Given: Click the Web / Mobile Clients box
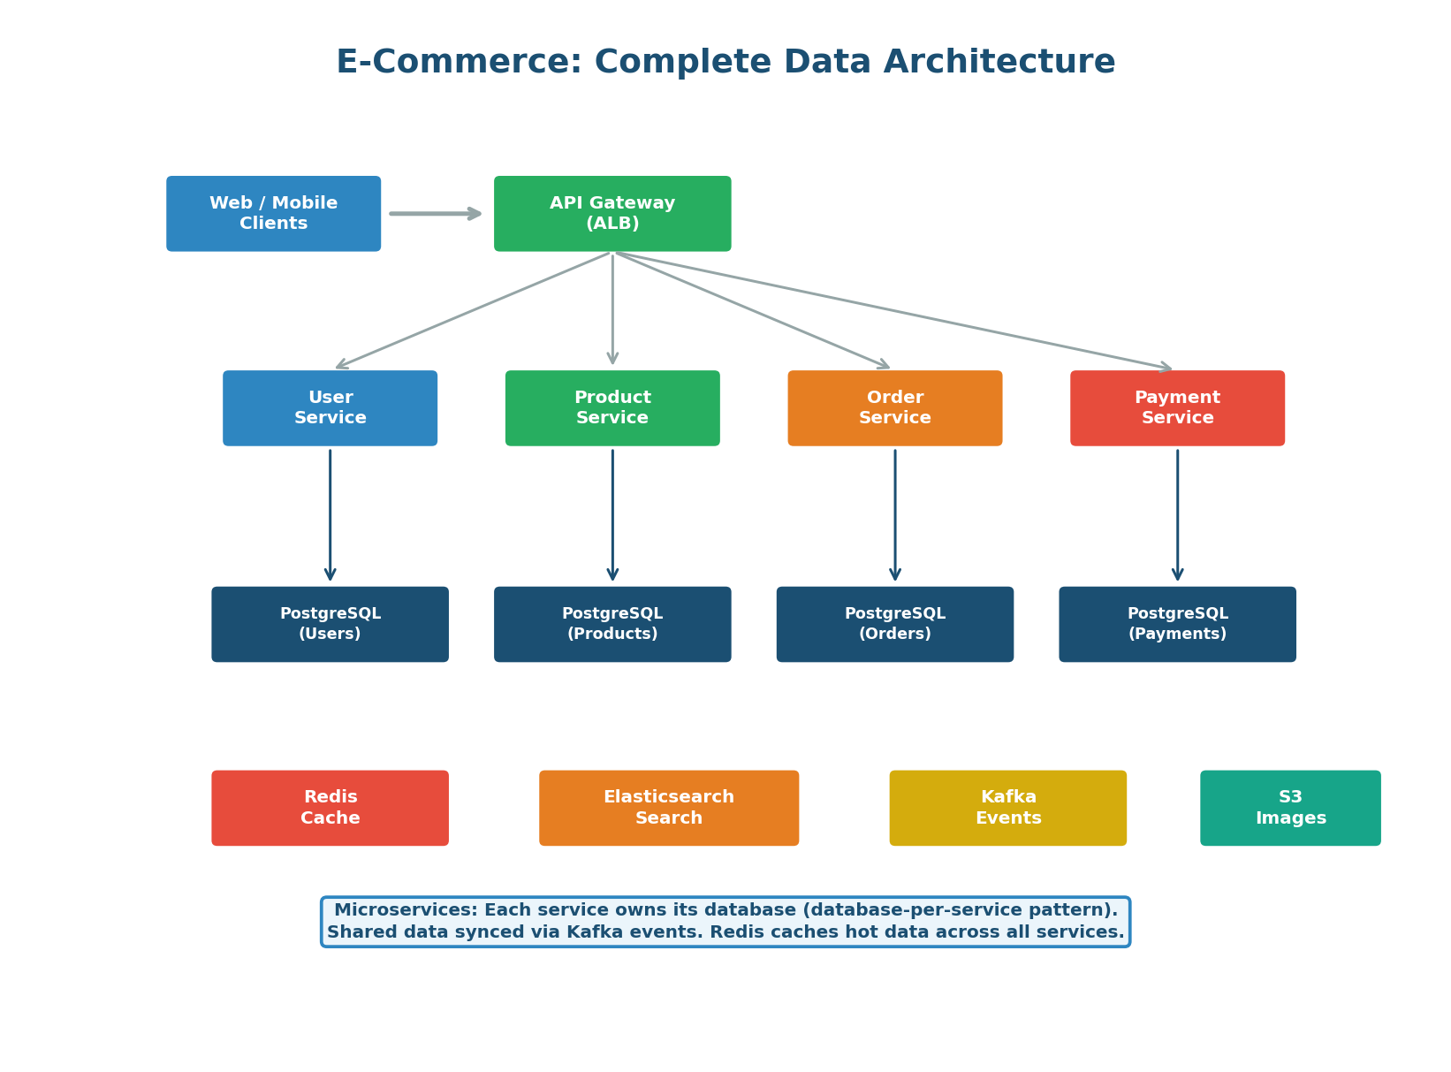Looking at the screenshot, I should coord(273,214).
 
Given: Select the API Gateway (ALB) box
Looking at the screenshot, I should coord(612,214).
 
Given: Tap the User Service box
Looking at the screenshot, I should coord(330,408).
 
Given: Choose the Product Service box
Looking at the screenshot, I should coord(612,408).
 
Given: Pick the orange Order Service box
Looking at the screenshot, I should coord(894,408).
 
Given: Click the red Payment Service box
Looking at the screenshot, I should coord(1177,408).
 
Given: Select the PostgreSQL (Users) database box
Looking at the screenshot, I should coord(330,624).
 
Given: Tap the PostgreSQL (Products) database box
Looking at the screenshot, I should coord(612,624).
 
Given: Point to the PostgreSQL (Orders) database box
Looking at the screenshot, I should coord(894,624).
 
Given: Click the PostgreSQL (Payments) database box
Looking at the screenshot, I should coord(1177,624).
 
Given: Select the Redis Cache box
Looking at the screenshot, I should coord(330,808).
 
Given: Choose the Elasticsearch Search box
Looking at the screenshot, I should coord(669,808).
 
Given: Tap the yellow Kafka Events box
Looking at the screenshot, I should coord(1007,808).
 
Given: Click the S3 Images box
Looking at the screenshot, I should coord(1290,808).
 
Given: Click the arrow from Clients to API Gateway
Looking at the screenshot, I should coord(435,214).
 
